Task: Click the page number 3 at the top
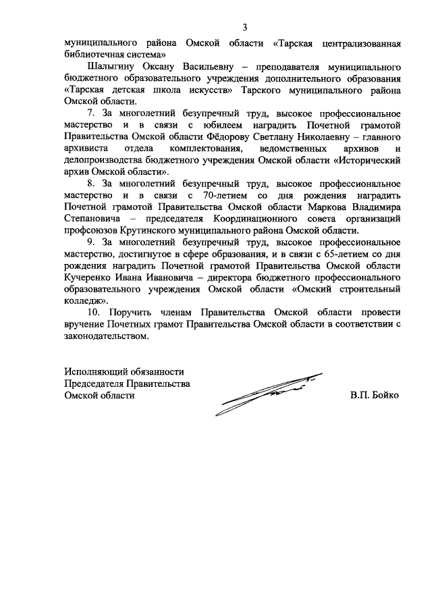[246, 27]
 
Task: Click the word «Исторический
[363, 159]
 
